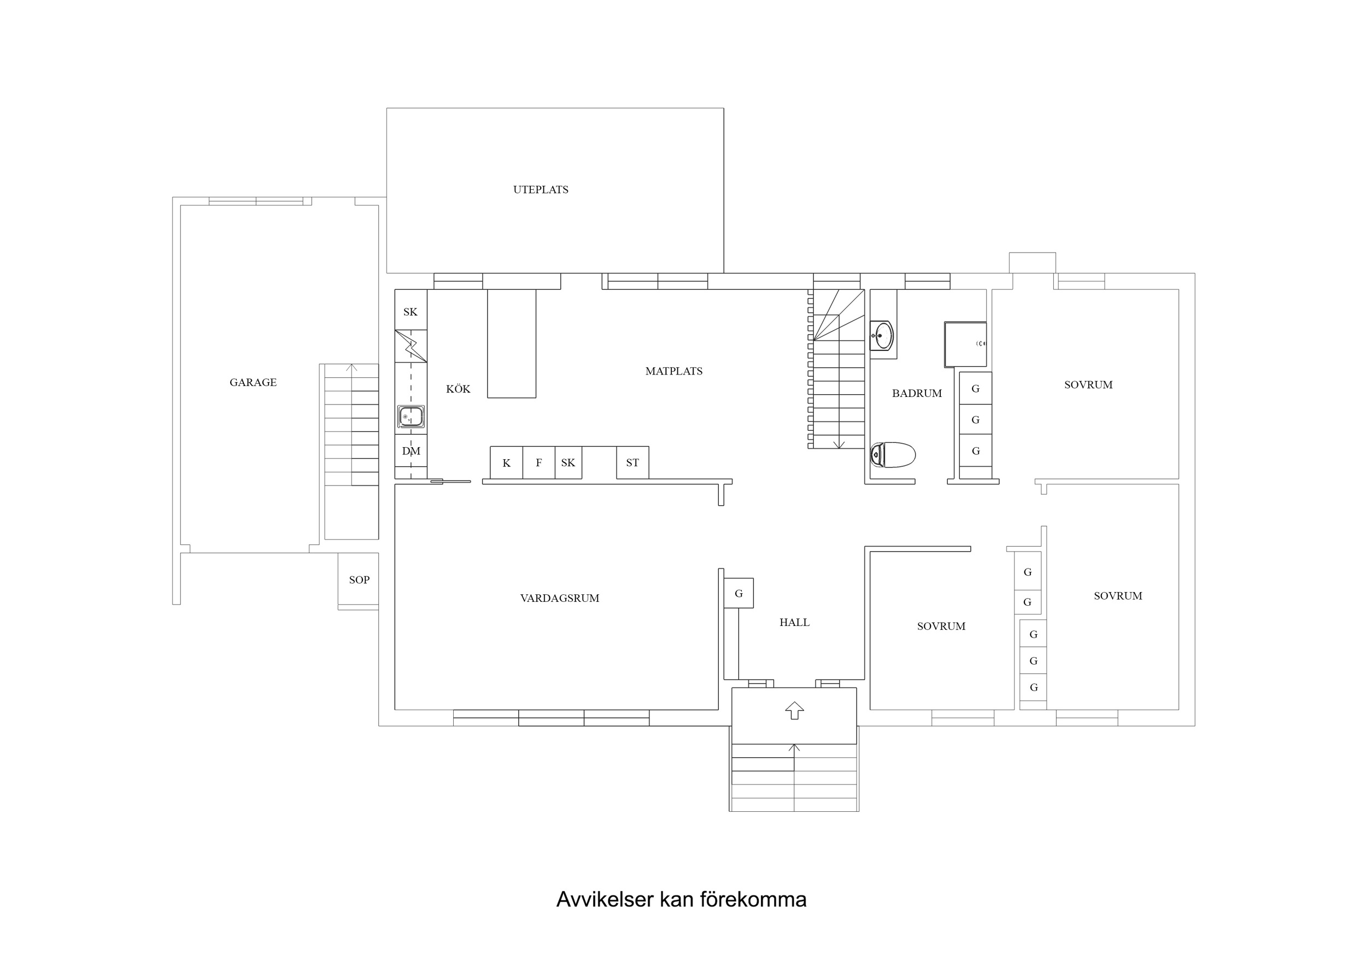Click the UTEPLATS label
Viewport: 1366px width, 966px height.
coord(540,190)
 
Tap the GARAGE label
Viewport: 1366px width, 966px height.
coord(253,383)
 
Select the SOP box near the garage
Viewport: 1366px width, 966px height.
coord(359,579)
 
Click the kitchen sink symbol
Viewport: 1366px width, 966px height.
coord(411,417)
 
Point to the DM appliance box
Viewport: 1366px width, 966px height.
coord(411,451)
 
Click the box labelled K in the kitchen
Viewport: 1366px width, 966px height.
coord(506,463)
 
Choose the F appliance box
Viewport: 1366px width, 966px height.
coord(538,463)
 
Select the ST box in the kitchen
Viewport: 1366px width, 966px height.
coord(632,463)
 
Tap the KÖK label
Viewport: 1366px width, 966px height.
coord(458,389)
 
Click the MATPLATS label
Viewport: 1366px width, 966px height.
coord(673,371)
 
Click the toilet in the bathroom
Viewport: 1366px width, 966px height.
coord(892,455)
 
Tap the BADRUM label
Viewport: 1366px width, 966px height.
coord(916,394)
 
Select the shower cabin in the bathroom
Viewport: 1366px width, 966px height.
coord(964,344)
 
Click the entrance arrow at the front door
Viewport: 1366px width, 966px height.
coord(794,710)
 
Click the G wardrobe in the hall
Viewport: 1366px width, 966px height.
coord(738,593)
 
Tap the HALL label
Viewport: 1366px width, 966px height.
coord(794,623)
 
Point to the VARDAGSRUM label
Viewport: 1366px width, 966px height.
coord(559,598)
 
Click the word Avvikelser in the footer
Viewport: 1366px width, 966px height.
coord(605,899)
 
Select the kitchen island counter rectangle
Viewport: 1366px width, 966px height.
coord(511,343)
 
